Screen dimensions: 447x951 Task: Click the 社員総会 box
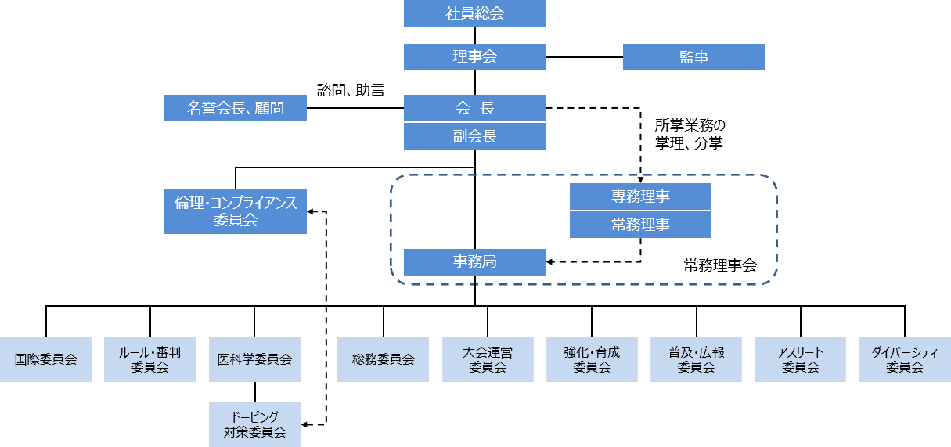pyautogui.click(x=474, y=13)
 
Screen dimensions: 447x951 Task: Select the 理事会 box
pyautogui.click(x=474, y=56)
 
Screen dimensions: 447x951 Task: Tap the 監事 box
pyautogui.click(x=693, y=56)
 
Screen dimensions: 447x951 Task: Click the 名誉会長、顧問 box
pyautogui.click(x=235, y=108)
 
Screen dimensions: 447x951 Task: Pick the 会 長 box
pyautogui.click(x=474, y=108)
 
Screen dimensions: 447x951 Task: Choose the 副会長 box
pyautogui.click(x=474, y=135)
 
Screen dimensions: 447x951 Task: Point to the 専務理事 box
pyautogui.click(x=640, y=196)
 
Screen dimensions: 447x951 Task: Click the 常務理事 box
pyautogui.click(x=640, y=225)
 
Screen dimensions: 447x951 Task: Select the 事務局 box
pyautogui.click(x=474, y=262)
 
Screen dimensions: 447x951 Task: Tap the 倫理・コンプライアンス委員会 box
pyautogui.click(x=235, y=211)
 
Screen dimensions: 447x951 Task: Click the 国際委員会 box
pyautogui.click(x=45, y=359)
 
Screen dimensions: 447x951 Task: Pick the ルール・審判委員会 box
pyautogui.click(x=149, y=359)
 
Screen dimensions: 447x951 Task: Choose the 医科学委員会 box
pyautogui.click(x=254, y=359)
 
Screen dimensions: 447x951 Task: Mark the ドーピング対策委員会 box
pyautogui.click(x=254, y=424)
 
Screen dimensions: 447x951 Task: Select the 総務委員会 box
pyautogui.click(x=383, y=359)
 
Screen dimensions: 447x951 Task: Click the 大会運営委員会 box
pyautogui.click(x=488, y=359)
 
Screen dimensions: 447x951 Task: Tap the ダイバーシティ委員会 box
pyautogui.click(x=905, y=359)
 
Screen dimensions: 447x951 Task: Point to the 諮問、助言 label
pyautogui.click(x=351, y=90)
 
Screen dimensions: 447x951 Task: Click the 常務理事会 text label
pyautogui.click(x=720, y=265)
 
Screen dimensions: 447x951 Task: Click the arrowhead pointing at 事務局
pyautogui.click(x=549, y=262)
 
